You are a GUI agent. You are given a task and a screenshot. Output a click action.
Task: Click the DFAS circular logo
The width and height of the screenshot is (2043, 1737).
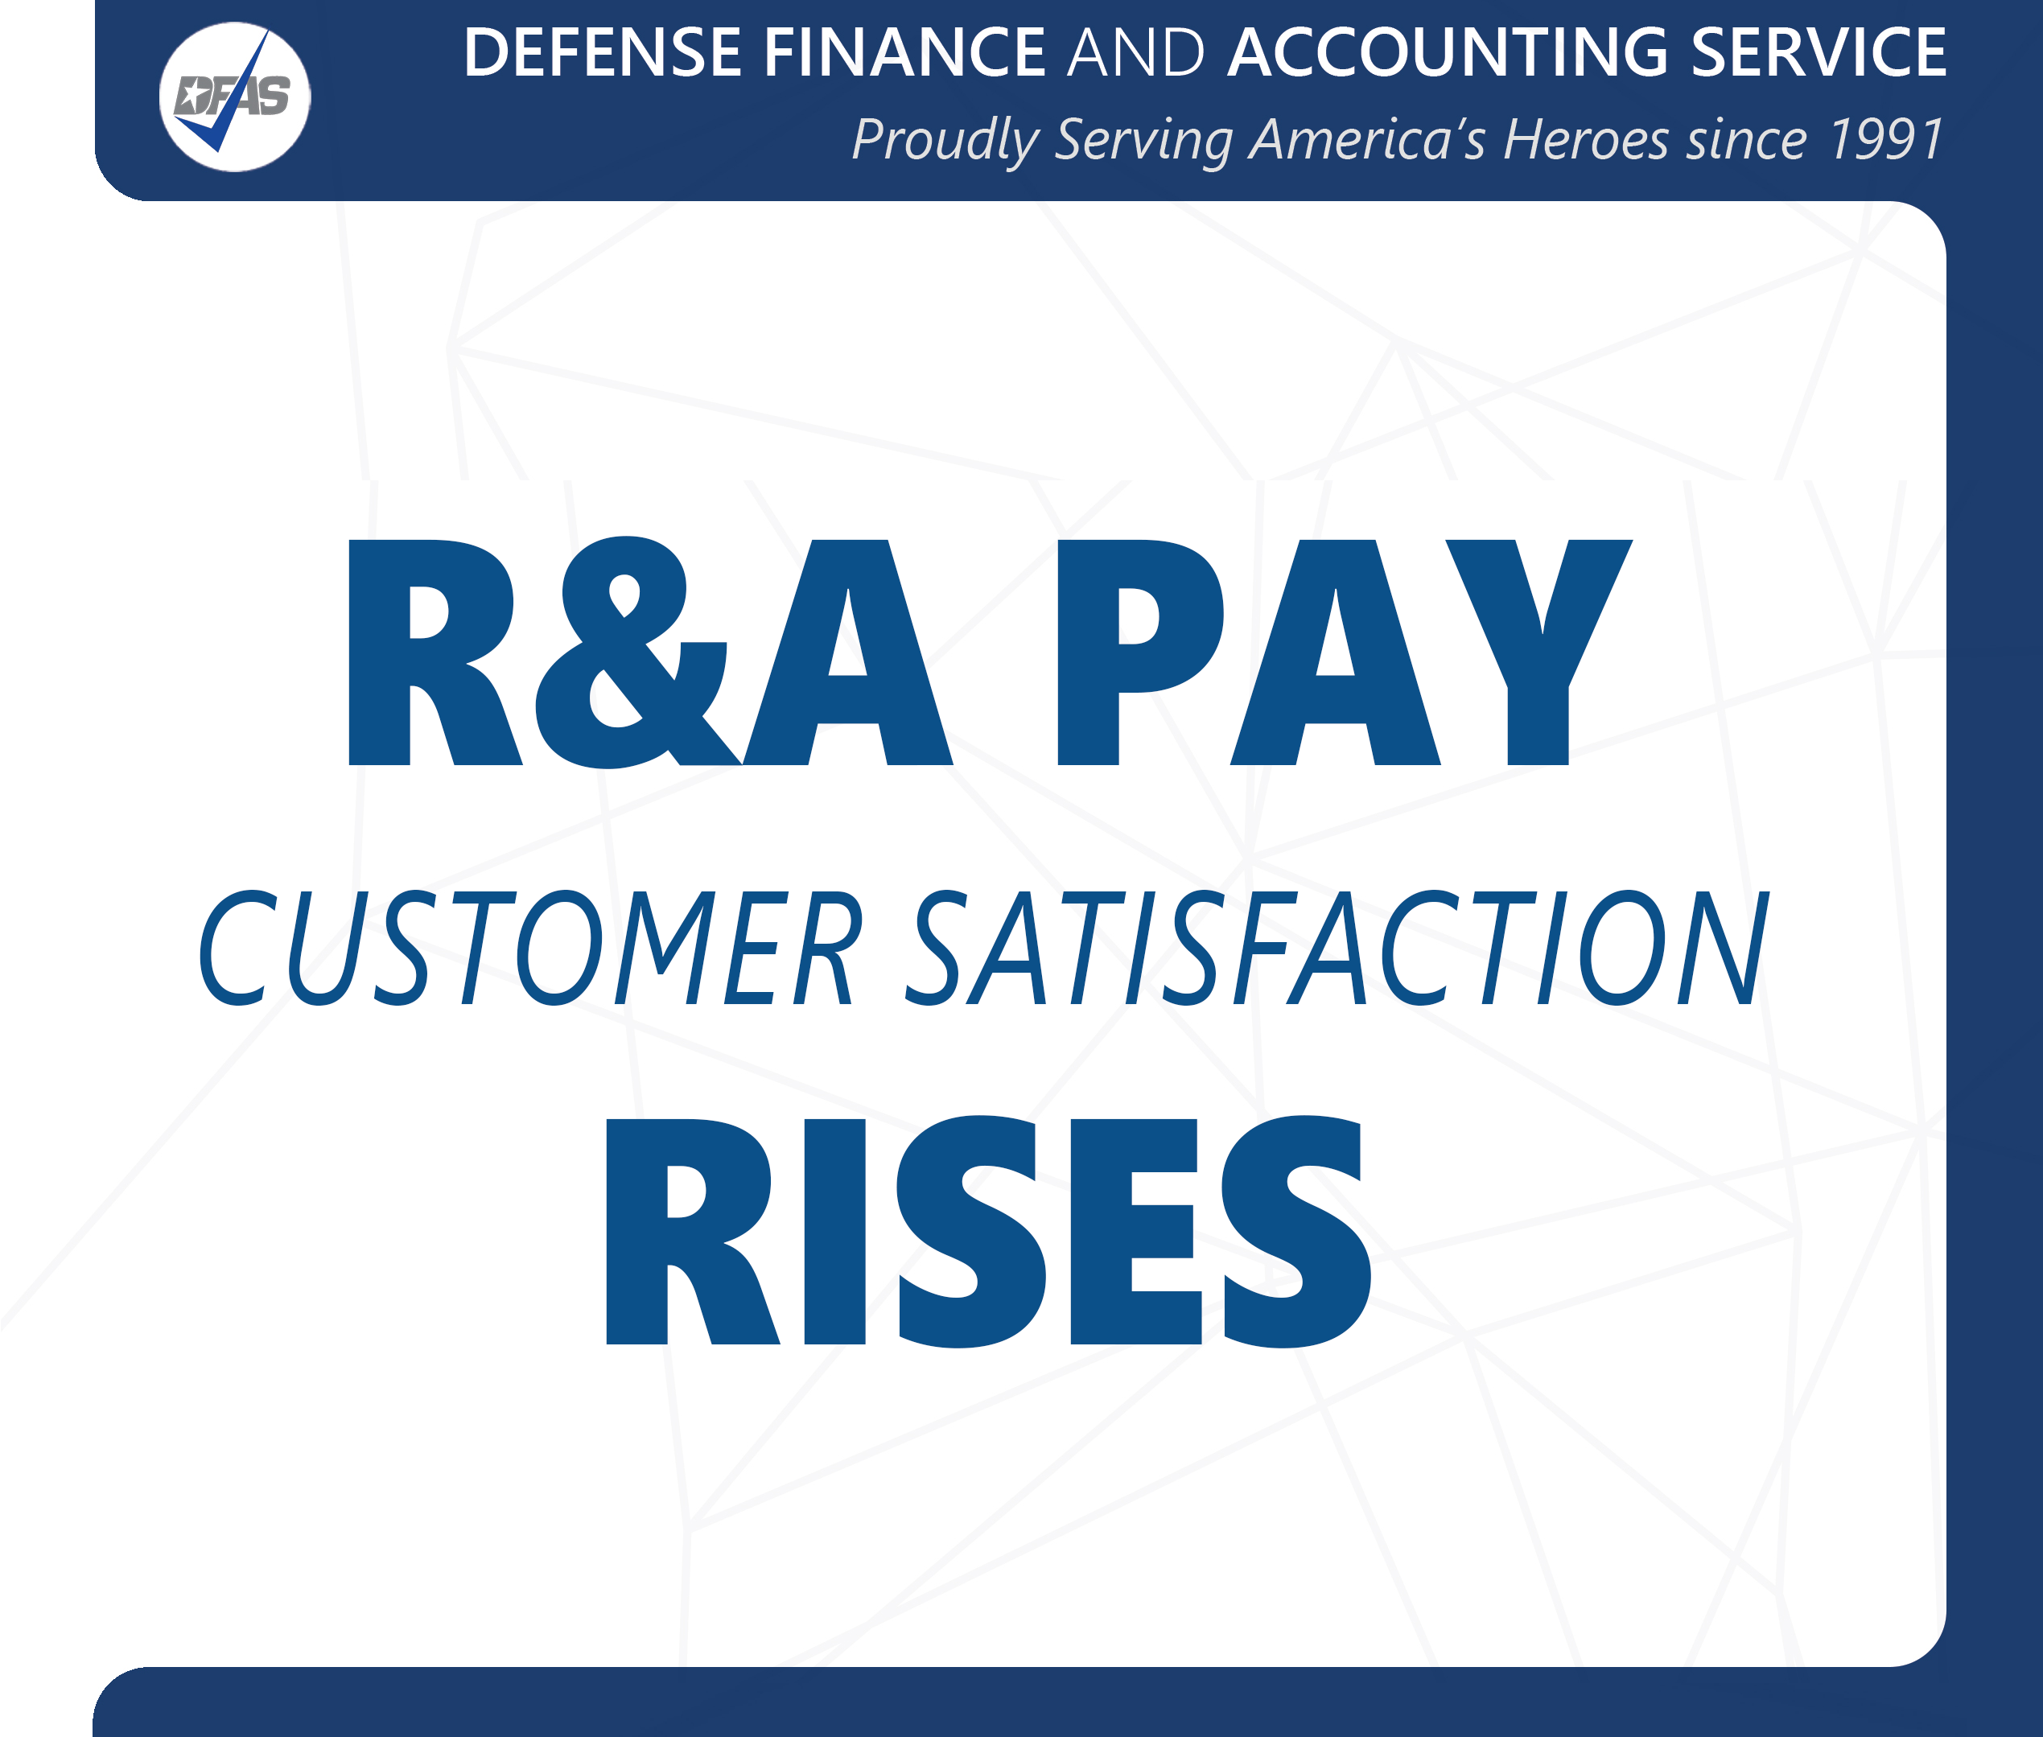pyautogui.click(x=234, y=97)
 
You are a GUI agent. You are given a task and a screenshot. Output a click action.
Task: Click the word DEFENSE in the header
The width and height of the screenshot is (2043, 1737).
pyautogui.click(x=602, y=52)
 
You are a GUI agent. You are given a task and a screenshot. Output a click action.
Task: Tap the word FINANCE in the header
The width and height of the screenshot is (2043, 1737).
pyautogui.click(x=904, y=52)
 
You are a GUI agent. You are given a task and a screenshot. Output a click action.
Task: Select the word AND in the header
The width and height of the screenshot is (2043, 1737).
pyautogui.click(x=1136, y=52)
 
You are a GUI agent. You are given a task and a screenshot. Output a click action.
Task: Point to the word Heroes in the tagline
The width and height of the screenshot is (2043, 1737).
pyautogui.click(x=1585, y=140)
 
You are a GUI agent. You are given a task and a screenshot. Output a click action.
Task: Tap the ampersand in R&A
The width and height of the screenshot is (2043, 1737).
pyautogui.click(x=630, y=652)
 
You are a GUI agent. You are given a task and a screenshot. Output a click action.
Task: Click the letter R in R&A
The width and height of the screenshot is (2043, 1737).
pyautogui.click(x=433, y=652)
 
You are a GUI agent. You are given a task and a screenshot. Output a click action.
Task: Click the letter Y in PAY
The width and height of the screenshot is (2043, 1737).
pyautogui.click(x=1538, y=652)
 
